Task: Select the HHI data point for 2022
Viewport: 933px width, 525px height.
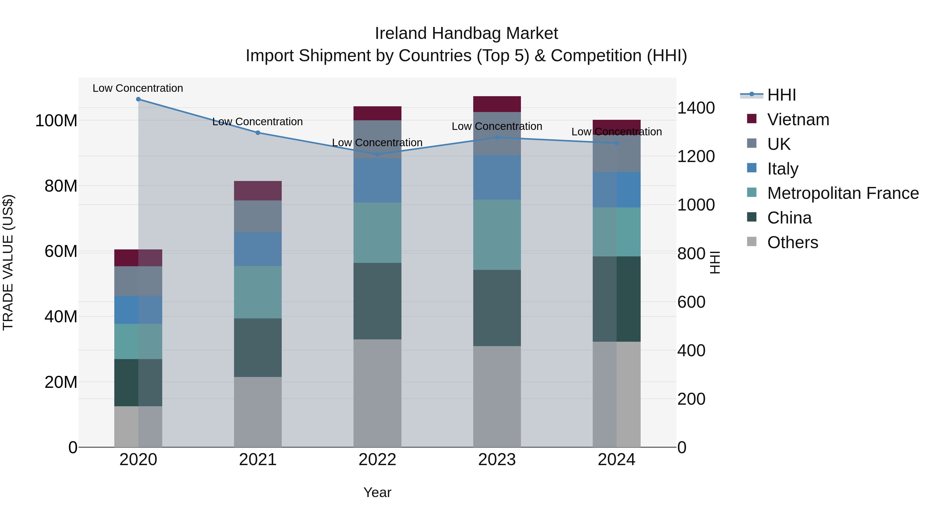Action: pyautogui.click(x=377, y=154)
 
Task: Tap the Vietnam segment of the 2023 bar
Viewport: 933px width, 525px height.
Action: pyautogui.click(x=497, y=104)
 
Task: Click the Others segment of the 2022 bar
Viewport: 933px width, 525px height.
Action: pyautogui.click(x=377, y=393)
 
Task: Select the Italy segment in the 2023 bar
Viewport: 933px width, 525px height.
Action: pyautogui.click(x=497, y=178)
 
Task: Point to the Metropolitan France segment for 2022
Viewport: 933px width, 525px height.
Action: pyautogui.click(x=377, y=233)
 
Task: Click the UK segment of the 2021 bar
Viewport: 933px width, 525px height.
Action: pyautogui.click(x=258, y=216)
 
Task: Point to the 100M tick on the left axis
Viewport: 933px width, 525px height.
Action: pyautogui.click(x=56, y=121)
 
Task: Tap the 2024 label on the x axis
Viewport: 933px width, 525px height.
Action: pyautogui.click(x=617, y=460)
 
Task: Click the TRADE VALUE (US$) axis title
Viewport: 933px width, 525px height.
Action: pyautogui.click(x=8, y=262)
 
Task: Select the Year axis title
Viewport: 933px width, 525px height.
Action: pyautogui.click(x=377, y=492)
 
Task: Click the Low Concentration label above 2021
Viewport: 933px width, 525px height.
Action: pyautogui.click(x=258, y=122)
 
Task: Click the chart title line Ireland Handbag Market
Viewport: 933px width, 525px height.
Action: pyautogui.click(x=466, y=33)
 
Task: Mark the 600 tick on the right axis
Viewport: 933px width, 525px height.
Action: pyautogui.click(x=691, y=302)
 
